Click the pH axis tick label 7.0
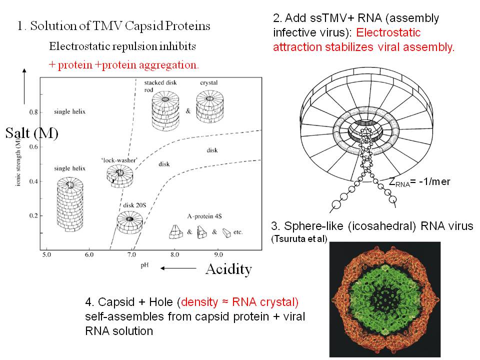coord(132,255)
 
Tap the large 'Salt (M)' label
coord(32,133)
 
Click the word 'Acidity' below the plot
coord(228,269)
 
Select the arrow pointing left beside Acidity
coord(178,269)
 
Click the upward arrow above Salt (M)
coord(24,86)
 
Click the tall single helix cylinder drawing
coord(69,205)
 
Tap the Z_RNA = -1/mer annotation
coord(419,182)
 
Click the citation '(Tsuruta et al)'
coord(299,239)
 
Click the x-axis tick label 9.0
coord(218,255)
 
